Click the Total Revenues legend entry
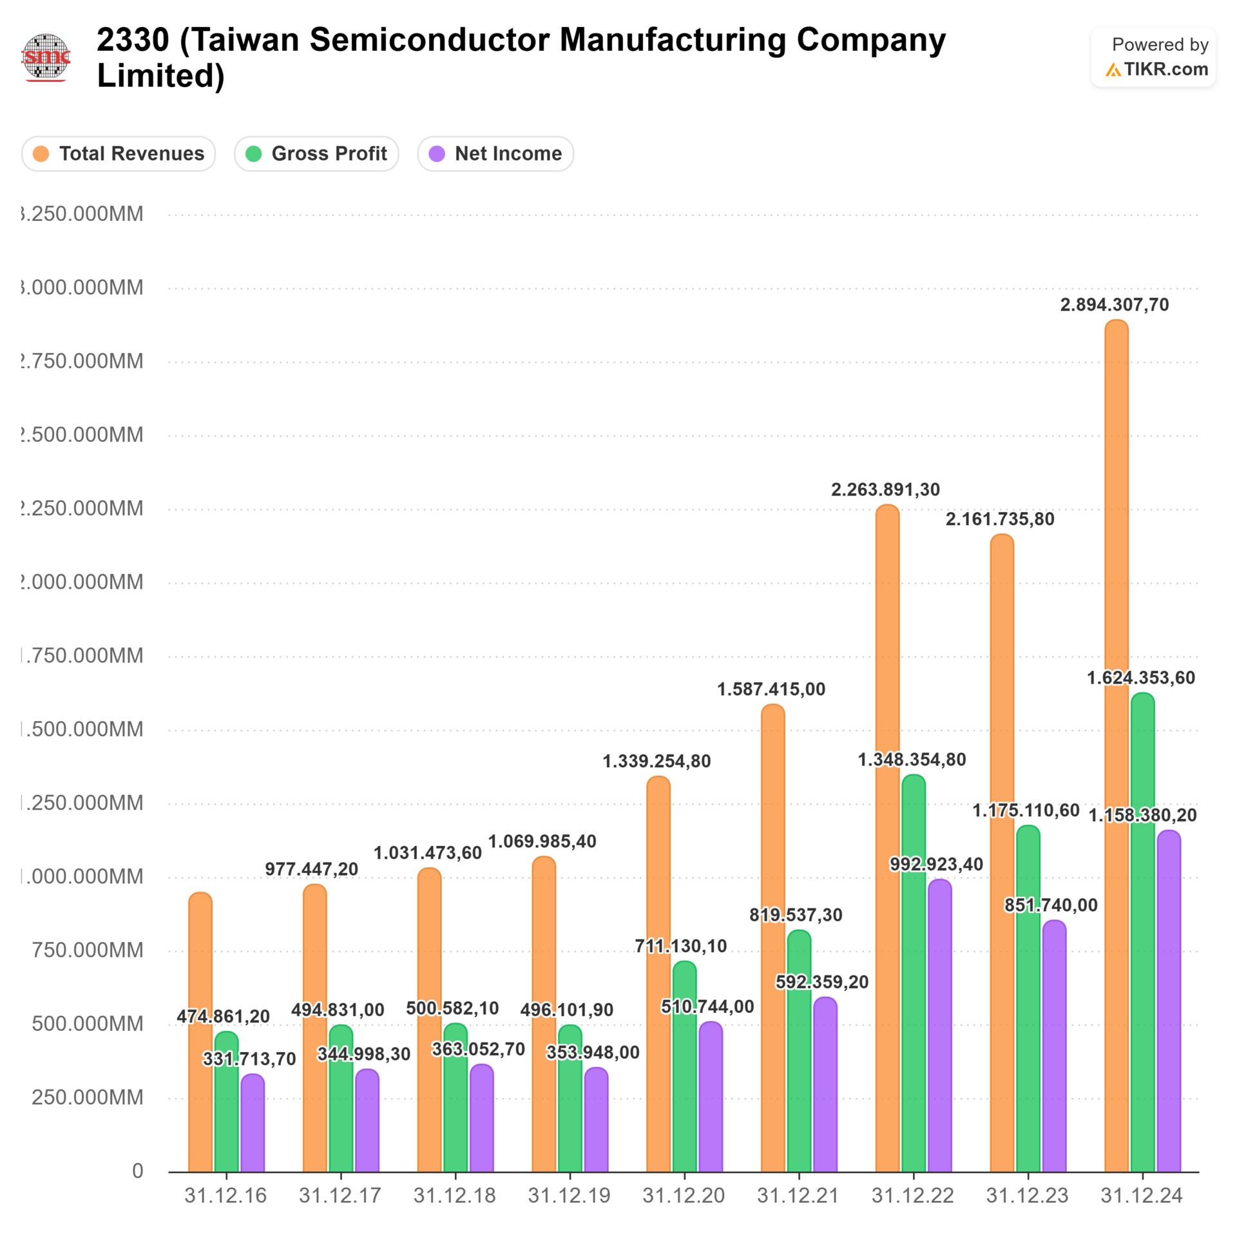coord(119,154)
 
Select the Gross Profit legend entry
coord(316,154)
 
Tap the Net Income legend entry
coord(495,154)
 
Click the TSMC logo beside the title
coord(46,57)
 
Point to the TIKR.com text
coord(1165,70)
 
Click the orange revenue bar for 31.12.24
coord(1116,747)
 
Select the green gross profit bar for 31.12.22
coord(914,973)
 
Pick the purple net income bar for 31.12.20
coord(711,1095)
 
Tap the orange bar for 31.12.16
coord(200,1031)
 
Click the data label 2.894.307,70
coord(1114,305)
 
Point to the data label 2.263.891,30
coord(885,490)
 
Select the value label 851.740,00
coord(1051,905)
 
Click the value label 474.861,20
coord(223,1017)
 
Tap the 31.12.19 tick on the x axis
coord(569,1196)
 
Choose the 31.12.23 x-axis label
coord(1027,1196)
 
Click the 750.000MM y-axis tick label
coord(87,950)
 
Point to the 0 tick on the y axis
coord(137,1171)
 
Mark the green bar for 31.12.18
coord(455,1095)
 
